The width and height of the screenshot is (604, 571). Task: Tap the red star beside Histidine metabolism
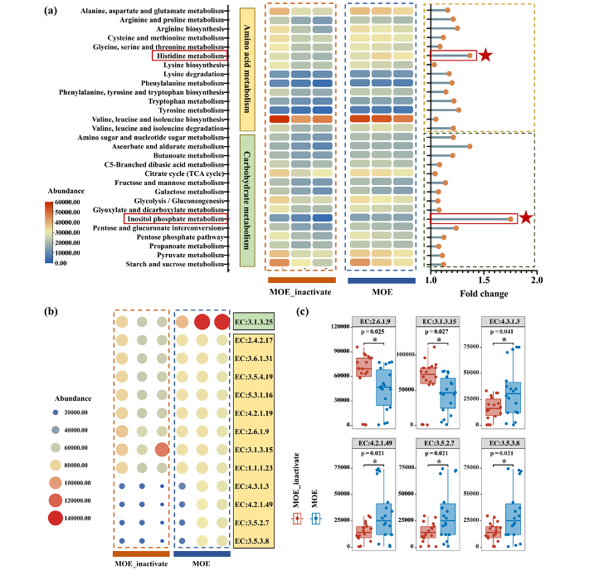(x=485, y=56)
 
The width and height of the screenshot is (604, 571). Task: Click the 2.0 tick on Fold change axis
(x=536, y=281)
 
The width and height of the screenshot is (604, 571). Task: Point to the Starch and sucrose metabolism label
(x=177, y=265)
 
